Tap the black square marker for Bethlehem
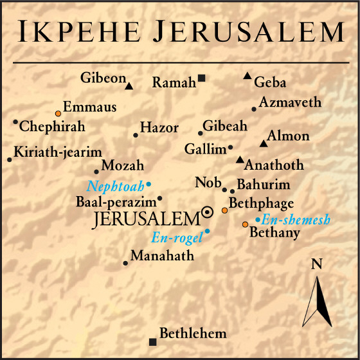(152, 341)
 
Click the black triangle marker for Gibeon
(129, 85)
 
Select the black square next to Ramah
(201, 78)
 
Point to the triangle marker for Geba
(248, 76)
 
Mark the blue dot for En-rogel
(207, 231)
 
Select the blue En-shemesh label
(296, 221)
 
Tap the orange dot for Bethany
(245, 224)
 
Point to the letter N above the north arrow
(316, 264)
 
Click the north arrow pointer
(317, 299)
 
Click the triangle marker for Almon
(262, 143)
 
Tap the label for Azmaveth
(290, 103)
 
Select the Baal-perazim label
(116, 202)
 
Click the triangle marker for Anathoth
(240, 159)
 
